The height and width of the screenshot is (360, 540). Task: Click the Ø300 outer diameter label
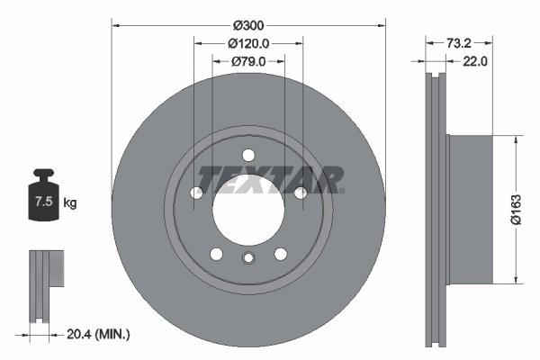(248, 26)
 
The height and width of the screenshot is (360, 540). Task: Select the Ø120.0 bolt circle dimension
(248, 43)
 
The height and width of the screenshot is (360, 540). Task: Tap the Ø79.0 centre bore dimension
(248, 61)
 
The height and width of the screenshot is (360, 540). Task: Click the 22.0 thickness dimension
(474, 61)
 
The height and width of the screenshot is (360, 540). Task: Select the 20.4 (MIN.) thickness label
(100, 334)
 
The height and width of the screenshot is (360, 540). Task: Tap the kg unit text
(70, 203)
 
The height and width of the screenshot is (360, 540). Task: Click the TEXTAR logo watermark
(271, 180)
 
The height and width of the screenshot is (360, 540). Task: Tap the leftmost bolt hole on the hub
(196, 192)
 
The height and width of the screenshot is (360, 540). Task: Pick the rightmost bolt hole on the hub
(301, 192)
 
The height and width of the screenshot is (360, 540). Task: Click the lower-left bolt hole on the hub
(217, 253)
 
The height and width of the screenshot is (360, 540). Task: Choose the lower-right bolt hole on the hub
(280, 253)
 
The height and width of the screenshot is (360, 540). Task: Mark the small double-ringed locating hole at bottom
(248, 260)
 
